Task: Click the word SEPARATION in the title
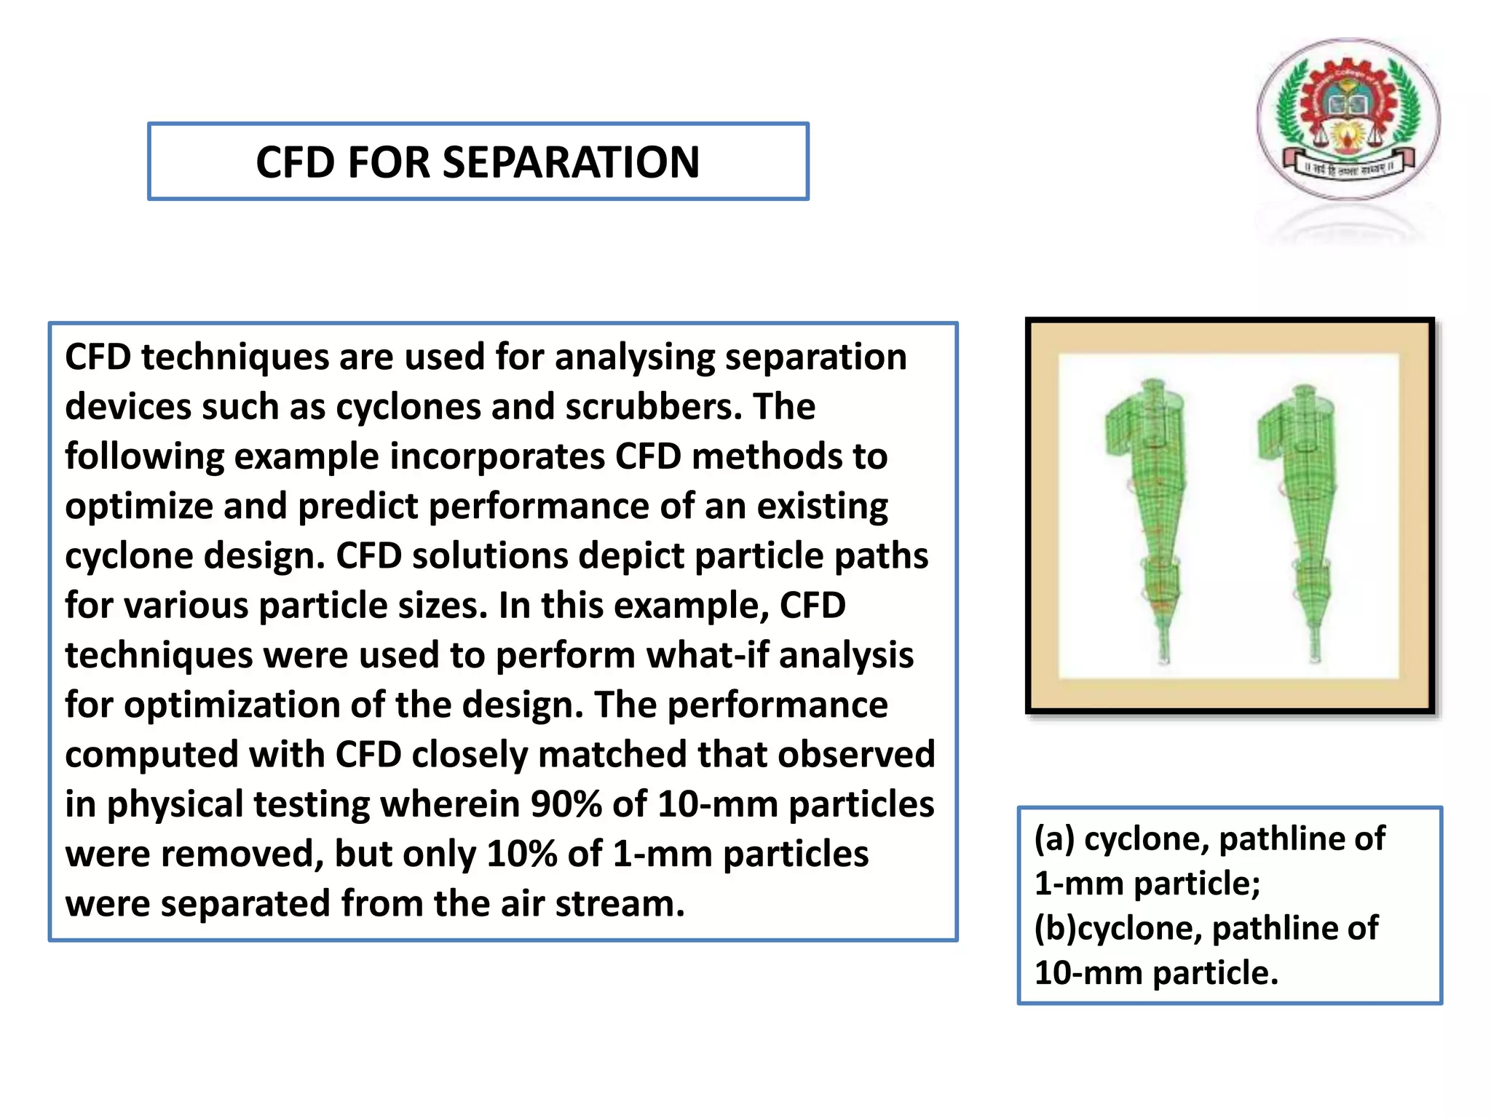coord(571,162)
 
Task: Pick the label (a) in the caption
coord(1053,838)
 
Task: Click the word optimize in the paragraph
coord(138,506)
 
